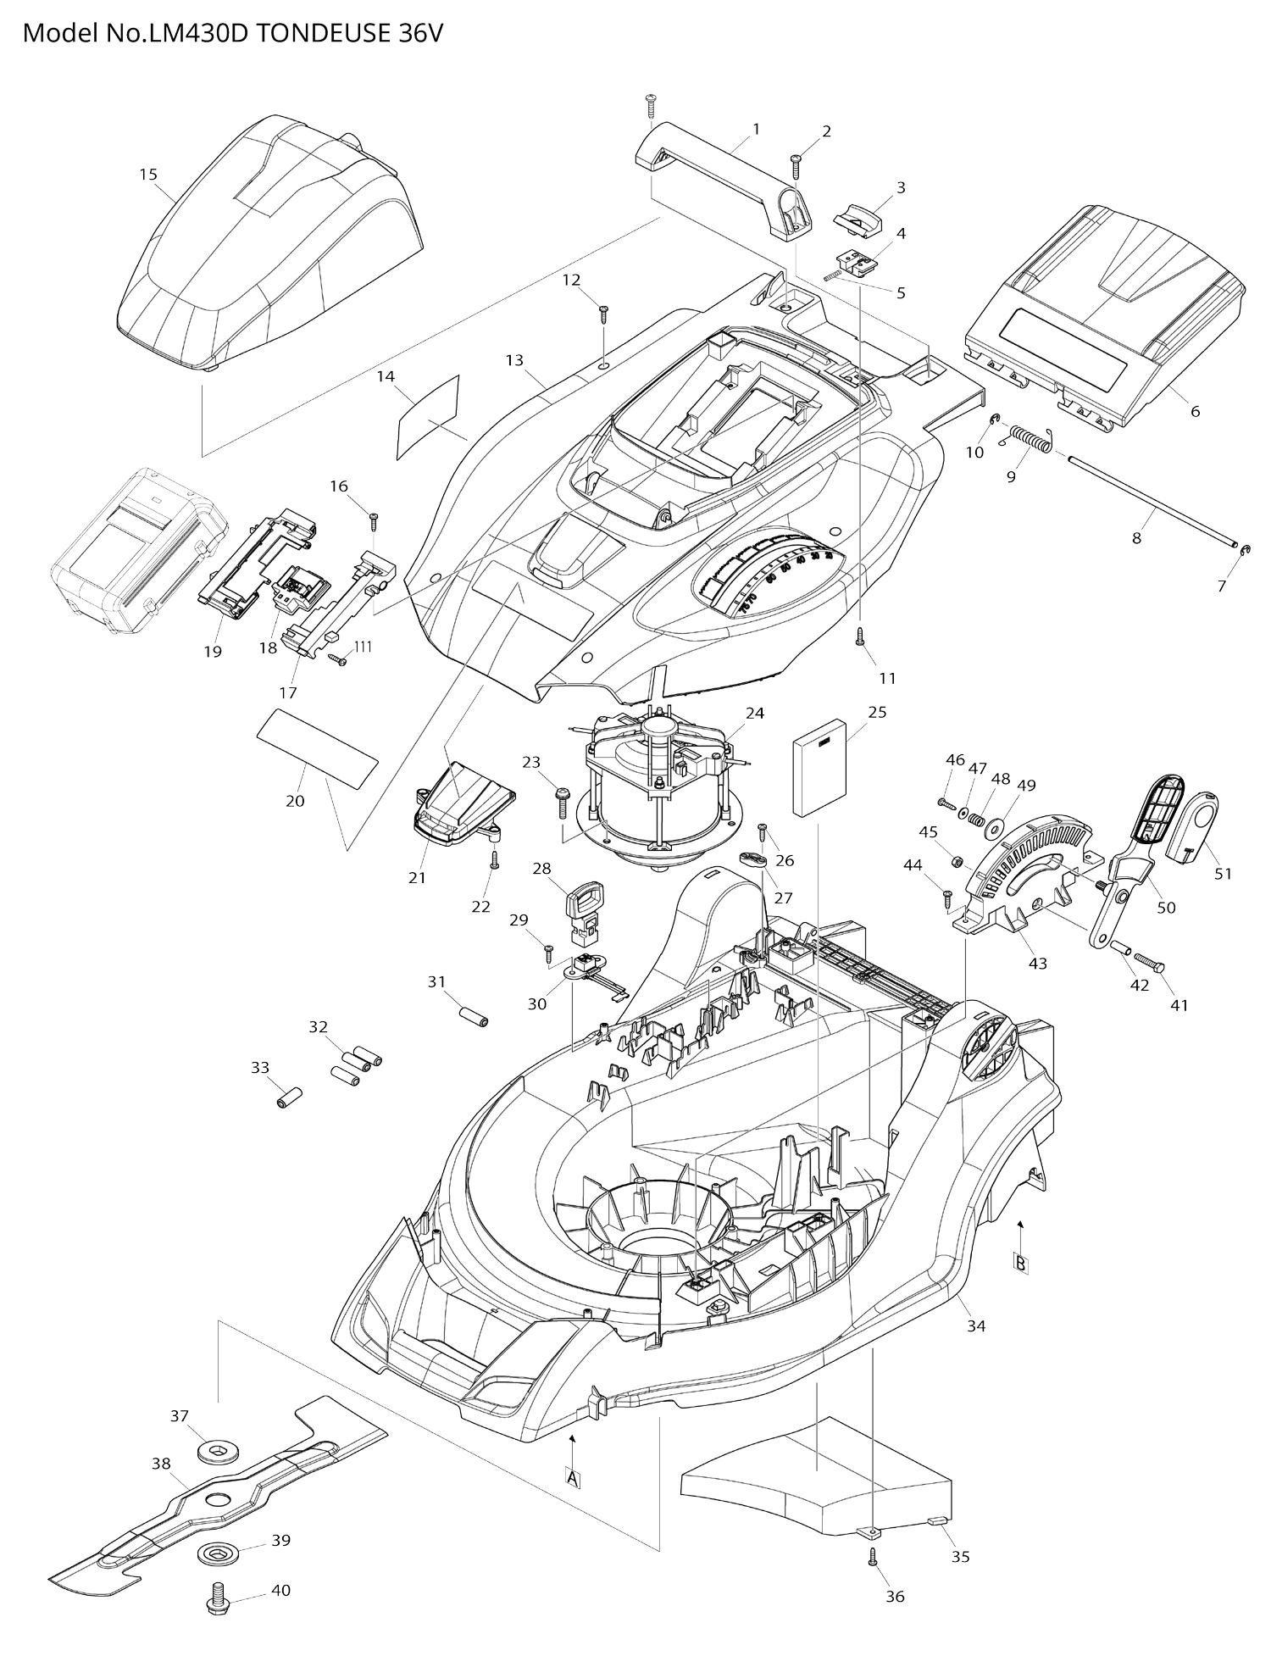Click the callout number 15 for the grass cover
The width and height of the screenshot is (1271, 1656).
coord(148,175)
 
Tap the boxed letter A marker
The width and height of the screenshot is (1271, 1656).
coord(574,1479)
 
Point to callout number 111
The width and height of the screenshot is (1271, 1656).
coord(363,647)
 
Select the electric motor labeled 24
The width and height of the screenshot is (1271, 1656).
coord(657,788)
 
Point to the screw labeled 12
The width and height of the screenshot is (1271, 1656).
coord(604,314)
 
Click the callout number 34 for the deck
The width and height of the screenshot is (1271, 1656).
coord(976,1325)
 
